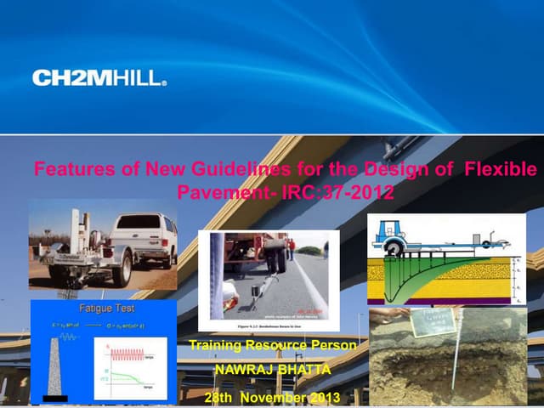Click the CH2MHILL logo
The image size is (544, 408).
tap(99, 79)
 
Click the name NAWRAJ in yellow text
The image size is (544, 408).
tap(243, 371)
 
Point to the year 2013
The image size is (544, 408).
tap(325, 397)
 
